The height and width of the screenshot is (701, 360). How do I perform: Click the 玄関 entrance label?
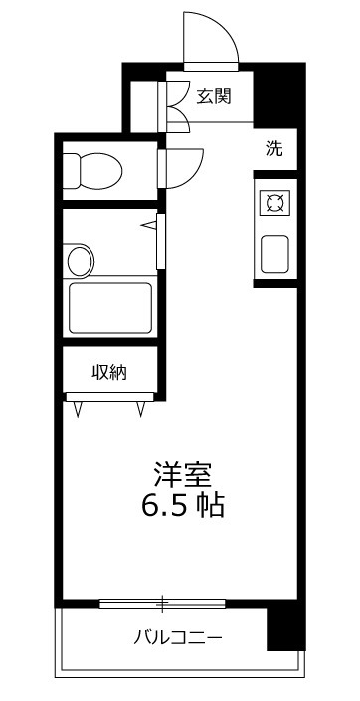[x=214, y=96]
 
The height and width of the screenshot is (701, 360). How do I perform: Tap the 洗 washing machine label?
[x=274, y=149]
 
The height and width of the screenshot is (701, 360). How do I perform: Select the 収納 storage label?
[x=109, y=372]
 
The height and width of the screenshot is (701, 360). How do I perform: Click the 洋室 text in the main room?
[x=182, y=475]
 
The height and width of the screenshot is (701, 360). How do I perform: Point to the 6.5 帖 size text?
[x=182, y=506]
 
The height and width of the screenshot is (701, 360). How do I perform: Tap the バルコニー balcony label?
[x=178, y=636]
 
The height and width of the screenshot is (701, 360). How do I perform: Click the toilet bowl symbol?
[x=92, y=171]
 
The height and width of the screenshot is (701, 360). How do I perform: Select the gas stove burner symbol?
[x=274, y=204]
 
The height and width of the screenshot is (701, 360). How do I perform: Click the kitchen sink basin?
[x=274, y=254]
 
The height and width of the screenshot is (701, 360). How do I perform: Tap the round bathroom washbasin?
[x=79, y=261]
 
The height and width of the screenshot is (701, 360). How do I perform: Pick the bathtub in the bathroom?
[x=110, y=308]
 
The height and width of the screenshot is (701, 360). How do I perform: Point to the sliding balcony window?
[x=162, y=604]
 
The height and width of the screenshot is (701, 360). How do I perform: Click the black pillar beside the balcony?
[x=286, y=628]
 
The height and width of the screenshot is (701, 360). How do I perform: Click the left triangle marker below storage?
[x=79, y=409]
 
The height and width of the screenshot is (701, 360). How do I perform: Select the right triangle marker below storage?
[x=141, y=409]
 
